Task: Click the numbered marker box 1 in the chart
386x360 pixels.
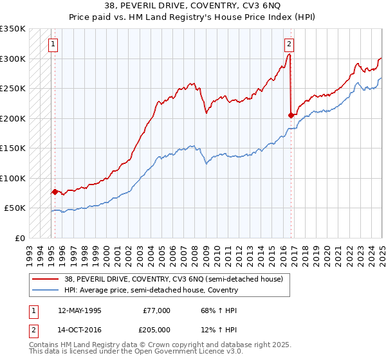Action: tap(51, 44)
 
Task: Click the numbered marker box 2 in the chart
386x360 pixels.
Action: tap(289, 44)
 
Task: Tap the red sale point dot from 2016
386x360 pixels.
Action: tap(291, 116)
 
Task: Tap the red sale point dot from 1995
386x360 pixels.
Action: tap(55, 192)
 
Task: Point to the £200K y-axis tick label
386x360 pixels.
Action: tap(12, 118)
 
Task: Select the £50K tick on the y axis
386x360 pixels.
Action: tap(15, 208)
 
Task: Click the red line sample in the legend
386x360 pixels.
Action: tap(45, 279)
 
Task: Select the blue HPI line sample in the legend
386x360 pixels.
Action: tap(45, 290)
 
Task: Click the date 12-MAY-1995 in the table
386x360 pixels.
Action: tap(79, 310)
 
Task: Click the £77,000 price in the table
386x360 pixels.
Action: tap(157, 310)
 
